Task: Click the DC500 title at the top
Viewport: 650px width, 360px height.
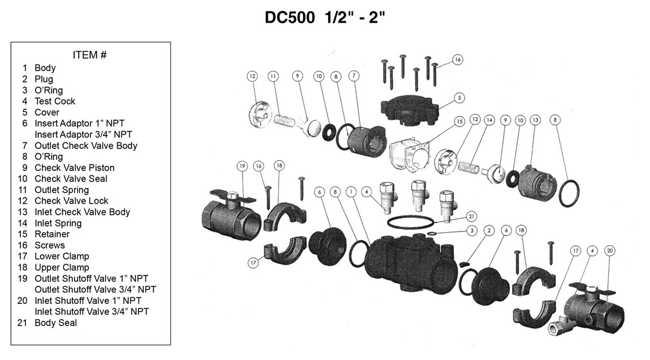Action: click(325, 17)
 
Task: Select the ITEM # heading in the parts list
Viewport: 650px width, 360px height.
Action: click(90, 55)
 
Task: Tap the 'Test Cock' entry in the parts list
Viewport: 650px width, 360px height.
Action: click(55, 101)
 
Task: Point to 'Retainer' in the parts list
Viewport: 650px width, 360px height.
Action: click(52, 234)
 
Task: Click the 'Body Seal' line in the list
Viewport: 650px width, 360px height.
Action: click(55, 323)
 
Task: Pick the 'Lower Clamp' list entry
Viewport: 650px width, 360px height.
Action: click(62, 256)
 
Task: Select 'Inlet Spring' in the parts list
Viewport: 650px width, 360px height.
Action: click(58, 223)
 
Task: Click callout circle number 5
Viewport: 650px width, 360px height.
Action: click(459, 98)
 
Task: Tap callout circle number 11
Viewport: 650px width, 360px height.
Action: click(273, 76)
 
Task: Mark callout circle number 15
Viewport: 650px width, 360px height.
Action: click(459, 121)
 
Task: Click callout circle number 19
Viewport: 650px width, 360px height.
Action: click(242, 166)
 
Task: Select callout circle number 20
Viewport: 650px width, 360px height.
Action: click(610, 250)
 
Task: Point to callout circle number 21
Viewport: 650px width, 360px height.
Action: click(471, 215)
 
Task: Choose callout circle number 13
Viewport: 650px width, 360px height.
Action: click(535, 120)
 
